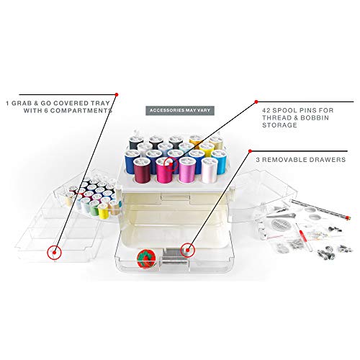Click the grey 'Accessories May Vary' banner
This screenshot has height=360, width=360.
point(180,111)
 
